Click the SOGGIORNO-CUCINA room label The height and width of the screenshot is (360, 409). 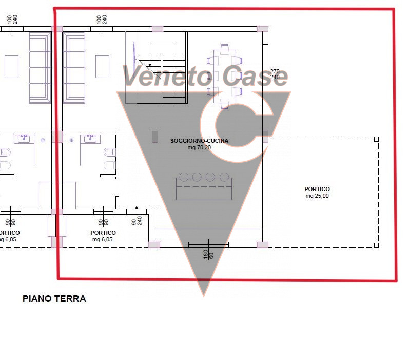[199, 140]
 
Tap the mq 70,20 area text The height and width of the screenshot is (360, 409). [199, 147]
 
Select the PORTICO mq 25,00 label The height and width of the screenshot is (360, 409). [317, 192]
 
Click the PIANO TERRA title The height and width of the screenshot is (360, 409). [54, 298]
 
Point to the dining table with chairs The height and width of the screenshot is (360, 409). [225, 77]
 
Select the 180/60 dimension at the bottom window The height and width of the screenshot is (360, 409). [208, 253]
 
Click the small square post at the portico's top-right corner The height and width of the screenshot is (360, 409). [376, 139]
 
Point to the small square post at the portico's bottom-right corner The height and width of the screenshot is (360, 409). [376, 246]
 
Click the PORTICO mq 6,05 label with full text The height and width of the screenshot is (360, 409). [103, 236]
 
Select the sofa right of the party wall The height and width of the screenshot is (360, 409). [74, 66]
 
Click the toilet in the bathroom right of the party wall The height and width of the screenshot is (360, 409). [109, 159]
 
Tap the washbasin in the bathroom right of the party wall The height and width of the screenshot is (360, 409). [92, 138]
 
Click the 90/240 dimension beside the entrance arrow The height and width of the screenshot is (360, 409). [137, 221]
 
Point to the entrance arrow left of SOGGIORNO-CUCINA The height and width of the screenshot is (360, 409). [137, 208]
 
